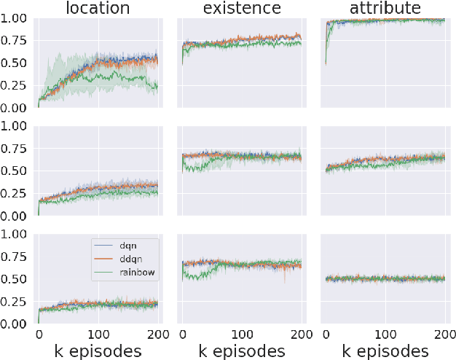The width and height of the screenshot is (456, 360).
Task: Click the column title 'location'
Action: point(98,9)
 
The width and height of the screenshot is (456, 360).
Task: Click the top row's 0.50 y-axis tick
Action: point(15,63)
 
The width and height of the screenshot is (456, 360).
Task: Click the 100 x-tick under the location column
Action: point(98,334)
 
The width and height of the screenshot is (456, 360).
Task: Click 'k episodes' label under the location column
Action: point(98,351)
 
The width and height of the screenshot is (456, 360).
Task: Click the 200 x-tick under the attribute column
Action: point(441,334)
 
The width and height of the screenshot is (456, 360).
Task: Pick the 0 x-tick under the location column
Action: point(39,334)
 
